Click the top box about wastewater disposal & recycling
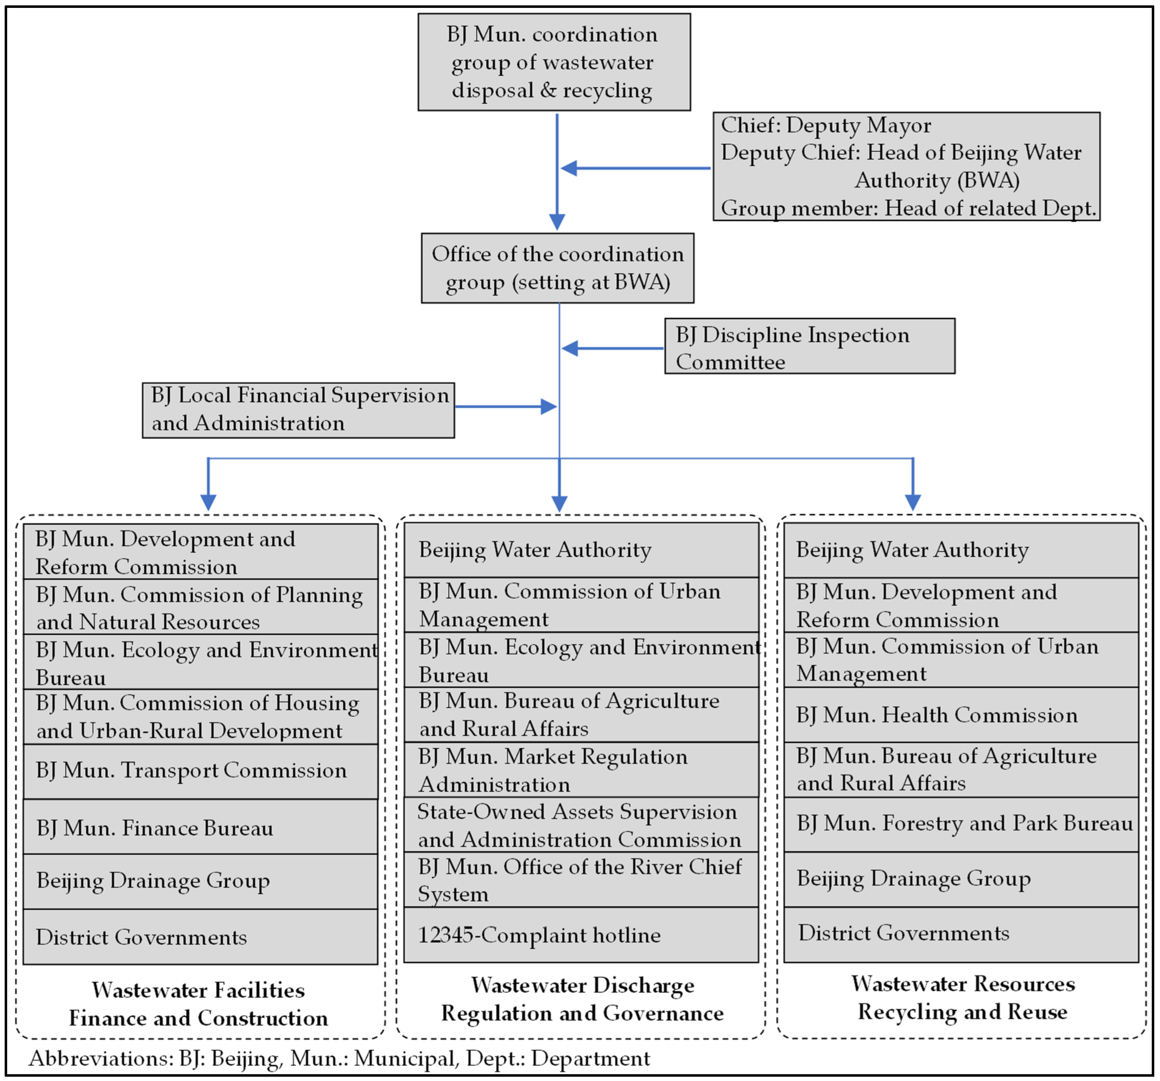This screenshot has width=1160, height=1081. click(554, 62)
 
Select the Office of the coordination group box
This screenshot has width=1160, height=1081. click(557, 268)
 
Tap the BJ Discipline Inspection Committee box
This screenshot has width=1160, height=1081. click(809, 346)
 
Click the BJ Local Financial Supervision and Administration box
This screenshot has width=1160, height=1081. click(298, 410)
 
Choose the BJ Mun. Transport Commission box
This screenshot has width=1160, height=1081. click(200, 771)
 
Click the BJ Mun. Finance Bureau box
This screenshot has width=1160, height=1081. click(200, 827)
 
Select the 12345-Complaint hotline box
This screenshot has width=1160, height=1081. click(581, 935)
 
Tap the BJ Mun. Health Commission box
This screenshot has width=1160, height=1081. click(960, 715)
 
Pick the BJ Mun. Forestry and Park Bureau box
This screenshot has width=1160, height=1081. click(960, 824)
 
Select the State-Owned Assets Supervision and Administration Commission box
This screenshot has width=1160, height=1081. click(581, 825)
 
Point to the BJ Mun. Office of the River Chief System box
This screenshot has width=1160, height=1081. click(581, 879)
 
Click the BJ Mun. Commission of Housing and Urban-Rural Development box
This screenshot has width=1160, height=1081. click(200, 717)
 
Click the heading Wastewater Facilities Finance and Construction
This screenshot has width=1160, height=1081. click(198, 1004)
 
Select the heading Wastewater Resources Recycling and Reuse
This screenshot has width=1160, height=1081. click(963, 998)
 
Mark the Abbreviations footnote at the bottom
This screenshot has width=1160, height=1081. click(339, 1058)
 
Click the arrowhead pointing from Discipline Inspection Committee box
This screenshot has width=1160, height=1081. click(569, 349)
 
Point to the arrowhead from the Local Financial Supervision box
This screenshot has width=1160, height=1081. click(548, 407)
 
